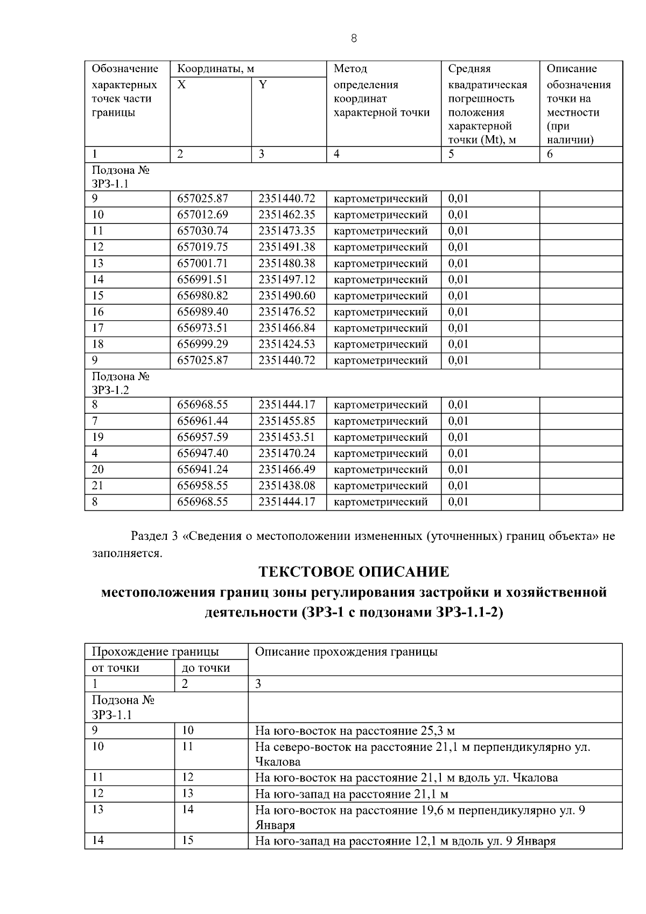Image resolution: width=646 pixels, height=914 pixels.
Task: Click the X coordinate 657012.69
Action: [x=202, y=215]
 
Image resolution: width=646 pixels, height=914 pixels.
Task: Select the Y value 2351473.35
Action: [x=286, y=231]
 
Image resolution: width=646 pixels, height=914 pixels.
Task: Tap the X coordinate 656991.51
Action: [x=202, y=279]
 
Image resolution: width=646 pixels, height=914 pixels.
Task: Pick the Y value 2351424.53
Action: [x=286, y=344]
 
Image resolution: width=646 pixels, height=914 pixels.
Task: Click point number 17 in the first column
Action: [x=98, y=328]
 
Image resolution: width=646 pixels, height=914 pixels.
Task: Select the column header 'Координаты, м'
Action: [x=216, y=69]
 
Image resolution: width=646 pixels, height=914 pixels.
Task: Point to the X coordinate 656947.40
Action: [x=202, y=453]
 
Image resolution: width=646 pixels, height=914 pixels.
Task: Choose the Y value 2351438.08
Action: [x=286, y=486]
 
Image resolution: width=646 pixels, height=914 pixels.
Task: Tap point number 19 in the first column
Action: [x=98, y=437]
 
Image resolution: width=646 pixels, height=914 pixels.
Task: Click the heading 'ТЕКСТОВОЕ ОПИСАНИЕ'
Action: [x=354, y=571]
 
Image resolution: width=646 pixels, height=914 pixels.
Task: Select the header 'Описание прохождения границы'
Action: [x=346, y=652]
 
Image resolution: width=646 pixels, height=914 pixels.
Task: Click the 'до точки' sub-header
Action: [x=206, y=668]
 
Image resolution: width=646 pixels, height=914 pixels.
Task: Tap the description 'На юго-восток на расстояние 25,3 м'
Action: [x=355, y=730]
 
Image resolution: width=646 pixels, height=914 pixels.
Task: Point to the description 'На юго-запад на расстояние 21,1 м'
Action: [x=352, y=794]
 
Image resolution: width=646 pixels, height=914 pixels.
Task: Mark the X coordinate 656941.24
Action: [x=202, y=469]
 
